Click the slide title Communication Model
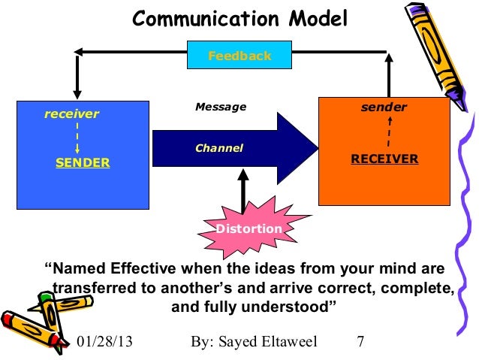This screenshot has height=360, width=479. click(240, 19)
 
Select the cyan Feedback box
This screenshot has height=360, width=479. click(239, 56)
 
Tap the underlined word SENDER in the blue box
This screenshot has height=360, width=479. click(83, 162)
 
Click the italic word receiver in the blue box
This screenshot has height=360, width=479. click(71, 114)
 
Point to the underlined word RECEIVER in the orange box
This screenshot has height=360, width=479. click(384, 159)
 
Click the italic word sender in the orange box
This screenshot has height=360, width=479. click(384, 107)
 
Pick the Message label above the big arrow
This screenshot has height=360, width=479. click(221, 107)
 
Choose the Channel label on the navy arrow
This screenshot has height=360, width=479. click(219, 148)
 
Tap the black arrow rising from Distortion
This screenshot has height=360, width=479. click(242, 192)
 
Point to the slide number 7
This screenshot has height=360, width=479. click(361, 342)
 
